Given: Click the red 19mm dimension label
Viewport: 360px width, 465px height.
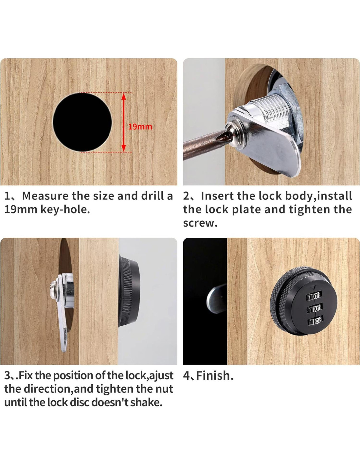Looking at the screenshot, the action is click(140, 127).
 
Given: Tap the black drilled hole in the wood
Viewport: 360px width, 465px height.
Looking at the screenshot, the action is click(82, 122).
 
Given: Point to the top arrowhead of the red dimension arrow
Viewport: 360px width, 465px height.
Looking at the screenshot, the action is click(123, 97).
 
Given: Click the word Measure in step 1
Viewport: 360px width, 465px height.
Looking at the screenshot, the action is click(45, 196).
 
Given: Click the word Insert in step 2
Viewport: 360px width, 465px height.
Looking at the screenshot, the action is click(217, 196).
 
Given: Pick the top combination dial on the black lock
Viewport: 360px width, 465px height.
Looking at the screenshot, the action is click(315, 296).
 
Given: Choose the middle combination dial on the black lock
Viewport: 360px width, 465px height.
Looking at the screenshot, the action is click(315, 309).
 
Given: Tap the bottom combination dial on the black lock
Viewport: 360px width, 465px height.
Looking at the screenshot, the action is click(315, 321).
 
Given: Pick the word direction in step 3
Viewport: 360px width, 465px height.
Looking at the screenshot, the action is click(47, 389).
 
